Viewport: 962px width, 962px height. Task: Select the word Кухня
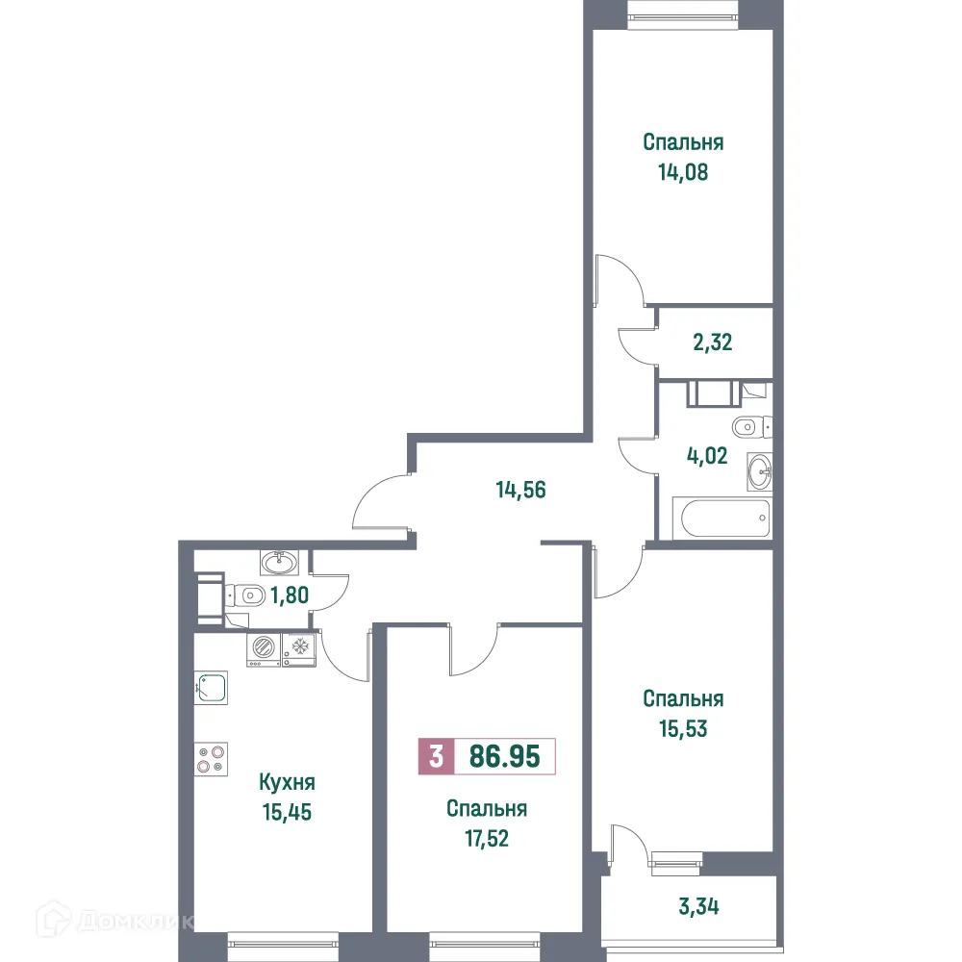point(288,782)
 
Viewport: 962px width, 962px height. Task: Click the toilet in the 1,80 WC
point(246,595)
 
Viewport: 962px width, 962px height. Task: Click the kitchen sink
point(211,686)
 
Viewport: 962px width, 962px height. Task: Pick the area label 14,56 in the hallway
point(520,489)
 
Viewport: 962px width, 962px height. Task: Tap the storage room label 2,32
point(713,342)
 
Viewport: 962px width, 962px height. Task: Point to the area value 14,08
point(683,174)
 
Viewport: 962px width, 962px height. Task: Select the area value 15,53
point(683,728)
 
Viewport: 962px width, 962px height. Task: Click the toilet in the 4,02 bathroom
point(747,425)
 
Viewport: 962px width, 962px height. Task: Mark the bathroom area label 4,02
point(707,454)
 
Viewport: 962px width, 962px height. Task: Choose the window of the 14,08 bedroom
point(683,12)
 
